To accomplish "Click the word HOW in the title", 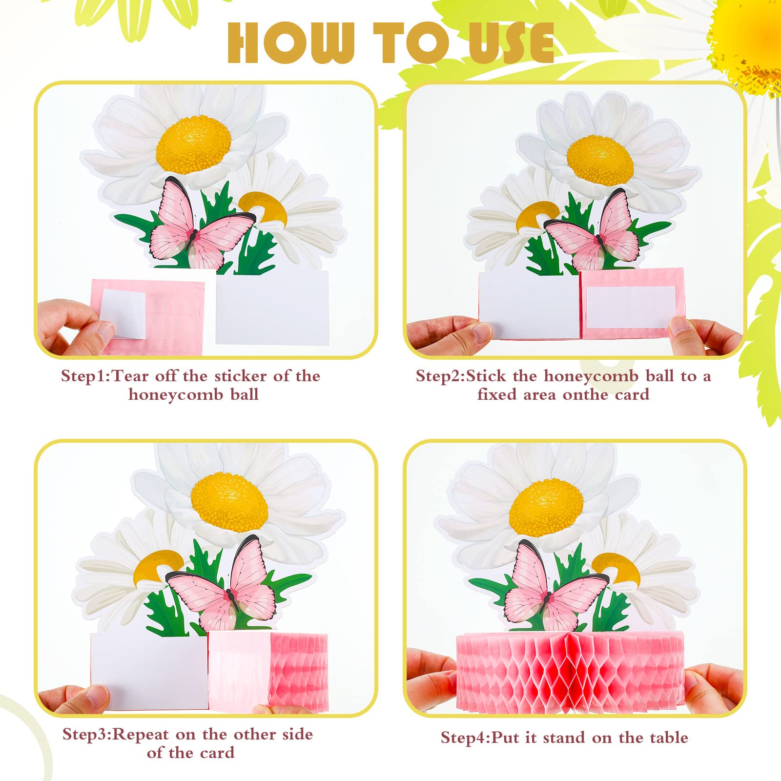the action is [291, 42].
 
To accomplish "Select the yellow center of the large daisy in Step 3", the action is [229, 503].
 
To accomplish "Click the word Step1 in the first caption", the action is [86, 376].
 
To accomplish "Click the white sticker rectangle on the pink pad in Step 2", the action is [631, 308].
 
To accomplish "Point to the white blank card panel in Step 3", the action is [149, 671].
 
